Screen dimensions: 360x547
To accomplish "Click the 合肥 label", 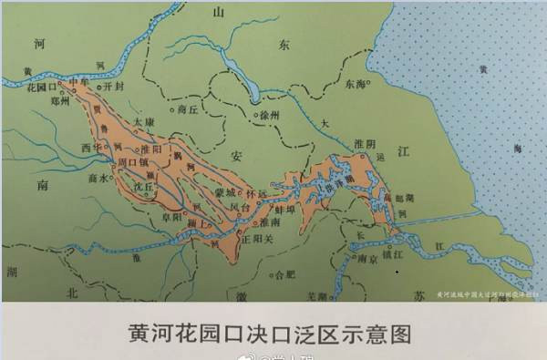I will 285,272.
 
